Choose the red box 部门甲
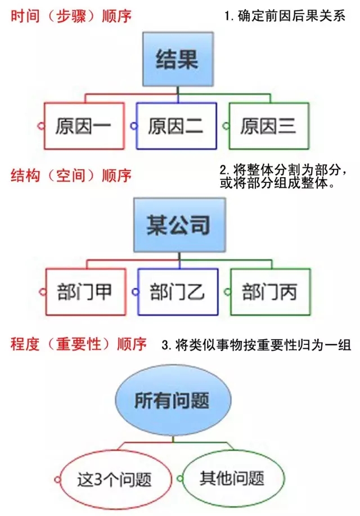point(84,291)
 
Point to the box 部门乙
point(177,291)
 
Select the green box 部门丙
point(269,291)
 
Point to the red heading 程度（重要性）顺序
point(79,343)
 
